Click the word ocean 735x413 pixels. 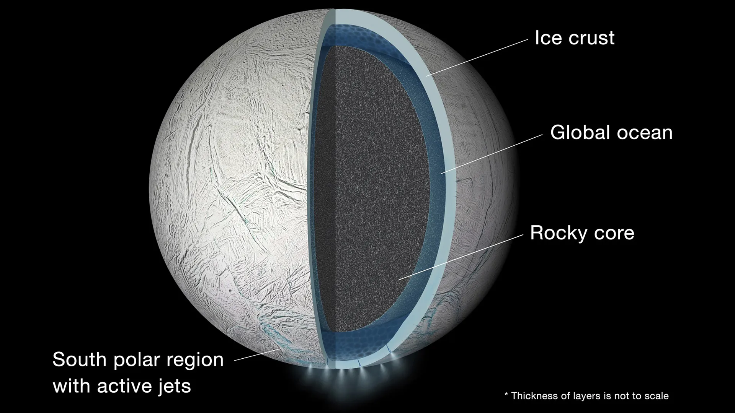(x=639, y=133)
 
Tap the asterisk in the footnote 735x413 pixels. (x=506, y=394)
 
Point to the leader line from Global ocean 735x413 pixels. (x=492, y=154)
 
